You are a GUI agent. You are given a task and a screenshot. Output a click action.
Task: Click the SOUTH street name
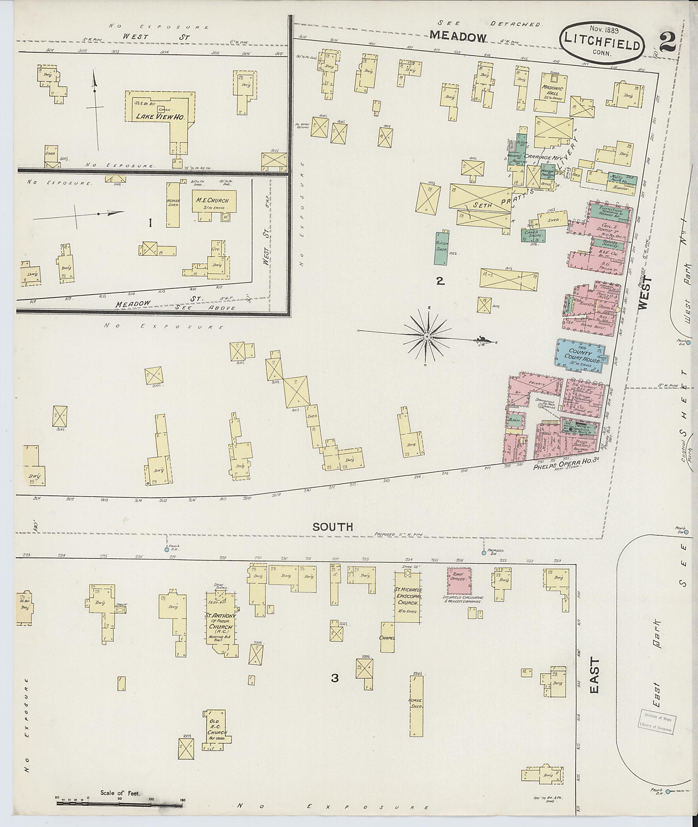(x=332, y=527)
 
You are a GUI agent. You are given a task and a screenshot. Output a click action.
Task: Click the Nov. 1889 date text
(x=604, y=30)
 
